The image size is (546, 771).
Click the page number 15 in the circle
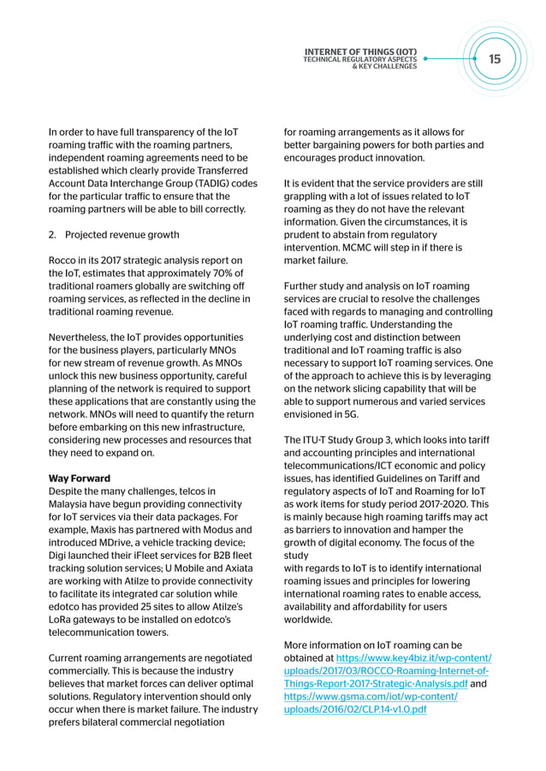pos(495,59)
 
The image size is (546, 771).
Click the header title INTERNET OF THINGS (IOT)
pos(360,51)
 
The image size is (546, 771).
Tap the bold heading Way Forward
pos(80,479)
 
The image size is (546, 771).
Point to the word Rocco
pos(64,260)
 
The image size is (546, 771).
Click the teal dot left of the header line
pos(425,60)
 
